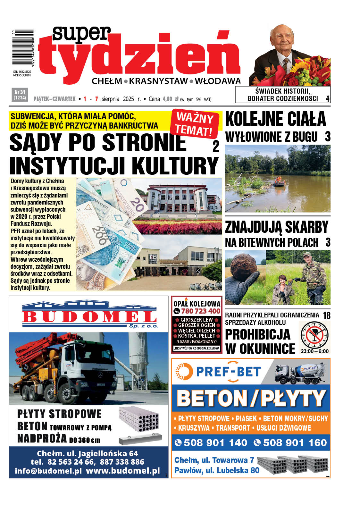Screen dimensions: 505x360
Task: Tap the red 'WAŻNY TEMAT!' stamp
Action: pos(196,123)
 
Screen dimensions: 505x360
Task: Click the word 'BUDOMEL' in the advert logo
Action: pos(89,317)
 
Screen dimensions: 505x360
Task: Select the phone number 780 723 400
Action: pos(201,311)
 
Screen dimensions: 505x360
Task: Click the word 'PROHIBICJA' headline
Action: pos(257,334)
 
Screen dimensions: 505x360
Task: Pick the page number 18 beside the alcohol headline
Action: pos(326,316)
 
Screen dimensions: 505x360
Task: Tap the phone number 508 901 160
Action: pos(295,443)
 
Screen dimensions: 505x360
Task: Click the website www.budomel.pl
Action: pos(123,471)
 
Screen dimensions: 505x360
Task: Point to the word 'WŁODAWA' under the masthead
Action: pos(218,81)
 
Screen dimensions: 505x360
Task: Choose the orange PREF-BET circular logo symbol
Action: pos(184,372)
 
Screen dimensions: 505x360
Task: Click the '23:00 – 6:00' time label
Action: pos(314,351)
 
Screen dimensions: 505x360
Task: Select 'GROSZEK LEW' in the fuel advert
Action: pos(197,320)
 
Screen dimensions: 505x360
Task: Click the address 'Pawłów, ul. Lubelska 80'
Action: pos(217,470)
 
